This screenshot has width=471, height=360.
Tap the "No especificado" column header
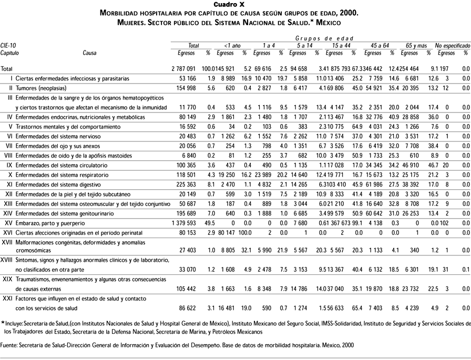(452, 46)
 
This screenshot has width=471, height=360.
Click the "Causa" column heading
(89, 53)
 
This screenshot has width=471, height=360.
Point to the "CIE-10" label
(8, 46)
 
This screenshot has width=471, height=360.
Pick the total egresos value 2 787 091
(183, 69)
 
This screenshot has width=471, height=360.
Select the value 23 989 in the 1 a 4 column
(261, 174)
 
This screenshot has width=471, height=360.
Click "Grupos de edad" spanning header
(319, 38)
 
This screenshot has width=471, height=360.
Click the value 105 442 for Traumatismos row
(185, 289)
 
